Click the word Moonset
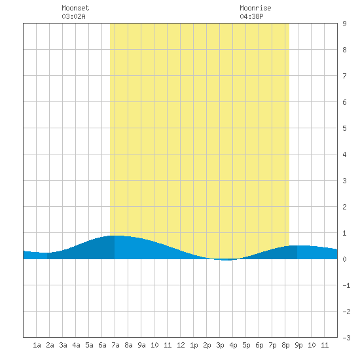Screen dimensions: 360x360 (75, 8)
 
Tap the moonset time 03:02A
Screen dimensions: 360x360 (73, 16)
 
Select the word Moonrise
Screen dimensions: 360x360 (255, 8)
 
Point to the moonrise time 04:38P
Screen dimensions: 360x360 (251, 16)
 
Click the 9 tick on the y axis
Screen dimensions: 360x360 (344, 24)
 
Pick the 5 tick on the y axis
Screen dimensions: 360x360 (344, 128)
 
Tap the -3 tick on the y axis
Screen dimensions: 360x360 (346, 338)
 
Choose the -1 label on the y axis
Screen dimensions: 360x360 (346, 285)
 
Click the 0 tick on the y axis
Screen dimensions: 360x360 (344, 259)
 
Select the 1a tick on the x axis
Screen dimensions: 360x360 (37, 345)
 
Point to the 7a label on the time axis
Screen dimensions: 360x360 (115, 345)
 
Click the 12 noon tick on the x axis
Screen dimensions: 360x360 (181, 345)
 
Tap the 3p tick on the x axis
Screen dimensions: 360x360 (220, 345)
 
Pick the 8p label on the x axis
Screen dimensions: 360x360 (285, 345)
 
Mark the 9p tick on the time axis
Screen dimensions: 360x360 (298, 345)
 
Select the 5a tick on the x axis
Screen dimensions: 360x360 (89, 345)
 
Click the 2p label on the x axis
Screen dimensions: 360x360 (207, 345)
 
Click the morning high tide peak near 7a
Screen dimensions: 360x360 (115, 236)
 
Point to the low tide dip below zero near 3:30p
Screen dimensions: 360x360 (226, 260)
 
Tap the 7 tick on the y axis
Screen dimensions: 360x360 (344, 76)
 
